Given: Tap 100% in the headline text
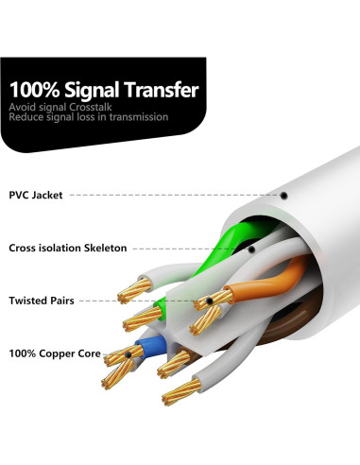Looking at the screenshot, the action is (x=33, y=92).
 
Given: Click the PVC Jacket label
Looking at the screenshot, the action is (x=37, y=195).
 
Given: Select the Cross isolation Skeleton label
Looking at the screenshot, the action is (x=67, y=248).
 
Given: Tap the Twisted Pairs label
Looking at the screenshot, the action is (x=43, y=300).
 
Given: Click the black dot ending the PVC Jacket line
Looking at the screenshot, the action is (x=283, y=195).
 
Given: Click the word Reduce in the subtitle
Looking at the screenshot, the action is (x=26, y=117).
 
